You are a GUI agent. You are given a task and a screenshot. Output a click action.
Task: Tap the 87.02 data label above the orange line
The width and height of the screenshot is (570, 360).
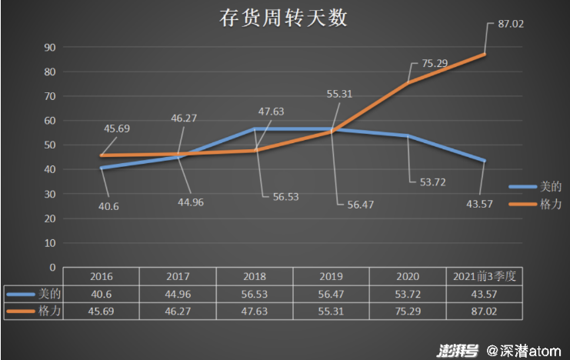(511, 24)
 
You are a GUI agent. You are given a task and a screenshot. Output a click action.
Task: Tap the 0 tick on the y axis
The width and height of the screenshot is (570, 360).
(53, 267)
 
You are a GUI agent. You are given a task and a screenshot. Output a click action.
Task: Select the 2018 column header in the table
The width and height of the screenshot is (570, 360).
(255, 276)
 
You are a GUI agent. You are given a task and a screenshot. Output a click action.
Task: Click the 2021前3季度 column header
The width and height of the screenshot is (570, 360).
(485, 276)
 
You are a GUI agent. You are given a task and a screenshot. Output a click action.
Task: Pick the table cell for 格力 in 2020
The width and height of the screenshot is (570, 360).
(408, 311)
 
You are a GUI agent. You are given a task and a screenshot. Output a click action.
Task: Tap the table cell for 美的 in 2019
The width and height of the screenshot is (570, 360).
(332, 294)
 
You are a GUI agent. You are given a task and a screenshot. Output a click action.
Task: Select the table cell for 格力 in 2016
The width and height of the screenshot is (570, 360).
(102, 311)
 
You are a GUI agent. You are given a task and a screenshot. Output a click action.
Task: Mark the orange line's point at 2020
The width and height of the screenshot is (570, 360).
(408, 82)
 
